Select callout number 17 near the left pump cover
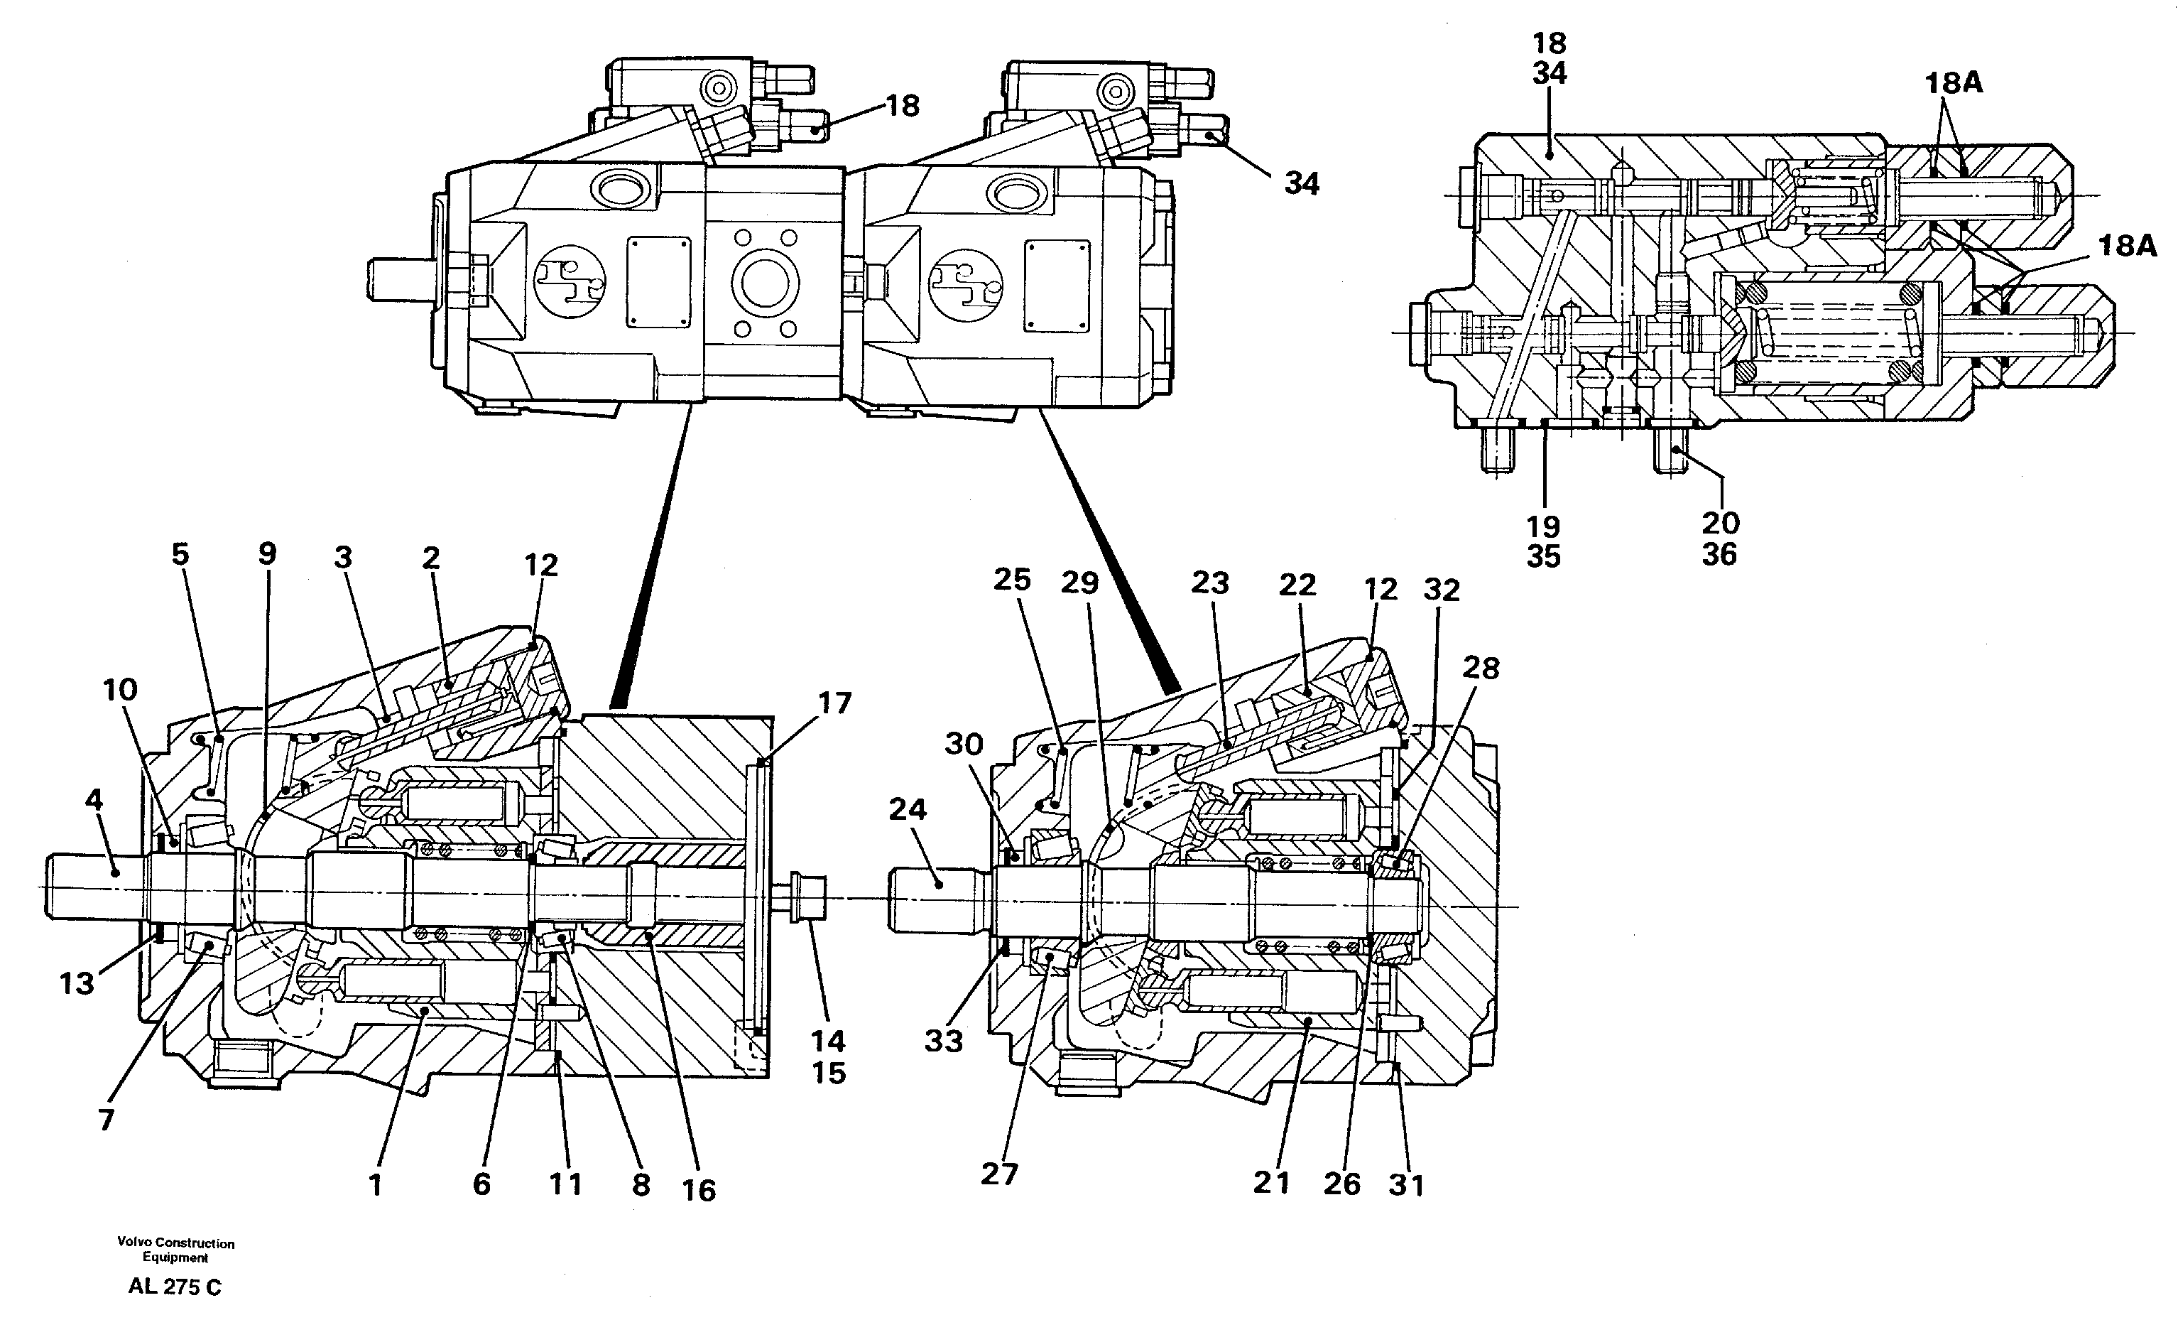[834, 704]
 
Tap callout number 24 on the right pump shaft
[907, 809]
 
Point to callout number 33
[943, 1042]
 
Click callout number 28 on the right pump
[1481, 669]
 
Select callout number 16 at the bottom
[698, 1190]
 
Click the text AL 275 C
[175, 1287]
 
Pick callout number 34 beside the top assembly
[1301, 184]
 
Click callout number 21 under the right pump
[1271, 1183]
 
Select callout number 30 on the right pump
[964, 745]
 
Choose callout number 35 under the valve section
[1543, 557]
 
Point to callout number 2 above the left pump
[431, 558]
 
